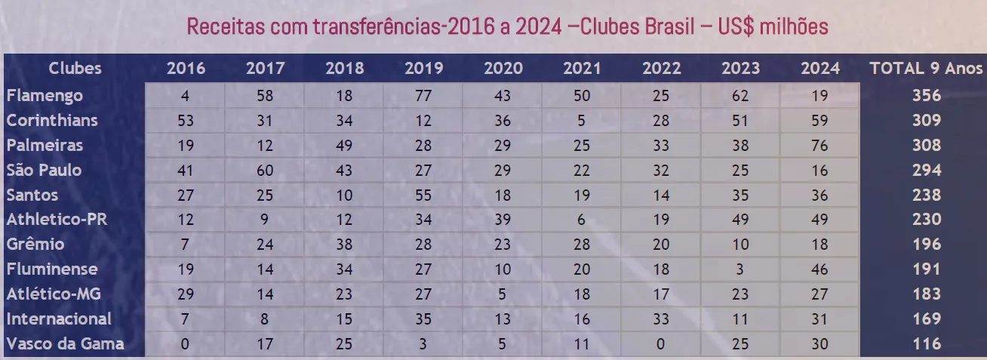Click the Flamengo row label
click(45, 96)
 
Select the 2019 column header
click(423, 69)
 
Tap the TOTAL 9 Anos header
click(926, 68)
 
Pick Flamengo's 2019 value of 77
click(423, 96)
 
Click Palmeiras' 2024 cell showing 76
click(819, 146)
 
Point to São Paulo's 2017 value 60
click(265, 171)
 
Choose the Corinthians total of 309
click(926, 121)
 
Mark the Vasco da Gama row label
click(65, 344)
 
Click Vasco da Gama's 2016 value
click(186, 344)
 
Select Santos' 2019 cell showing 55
click(423, 195)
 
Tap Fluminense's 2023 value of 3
click(740, 269)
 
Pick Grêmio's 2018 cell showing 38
click(344, 245)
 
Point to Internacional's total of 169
click(926, 319)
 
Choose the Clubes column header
click(75, 69)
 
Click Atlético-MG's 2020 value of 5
click(503, 294)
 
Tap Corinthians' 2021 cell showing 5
click(582, 121)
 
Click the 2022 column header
click(661, 69)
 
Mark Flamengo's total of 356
click(926, 96)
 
